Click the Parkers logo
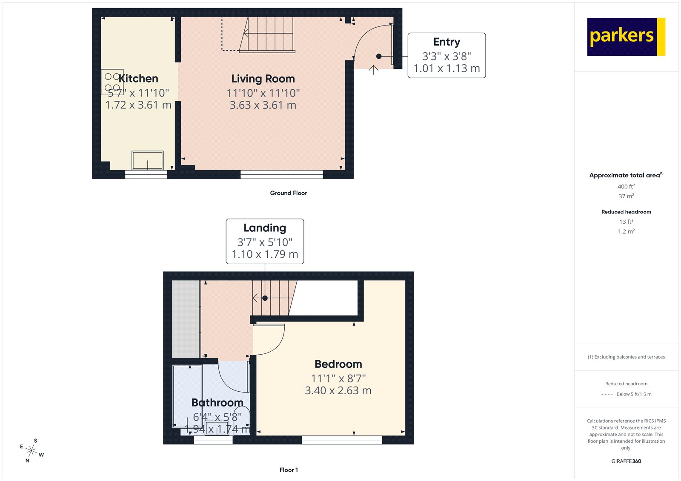pos(626,37)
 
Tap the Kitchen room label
pos(138,79)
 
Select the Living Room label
pos(263,79)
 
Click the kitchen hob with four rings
pos(112,82)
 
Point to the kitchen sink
pos(147,160)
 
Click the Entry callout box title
pos(446,42)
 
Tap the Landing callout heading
pos(265,228)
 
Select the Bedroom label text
pos(338,364)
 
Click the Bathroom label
pos(217,402)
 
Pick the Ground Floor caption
pos(288,193)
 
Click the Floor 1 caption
pos(289,470)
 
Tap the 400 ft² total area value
pos(626,186)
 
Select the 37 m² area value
pos(626,196)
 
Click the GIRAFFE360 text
pos(626,461)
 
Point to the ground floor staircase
pos(267,34)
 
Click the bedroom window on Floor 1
pos(342,440)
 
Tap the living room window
pos(282,174)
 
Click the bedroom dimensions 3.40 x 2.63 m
pos(338,390)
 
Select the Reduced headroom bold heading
pos(626,212)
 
